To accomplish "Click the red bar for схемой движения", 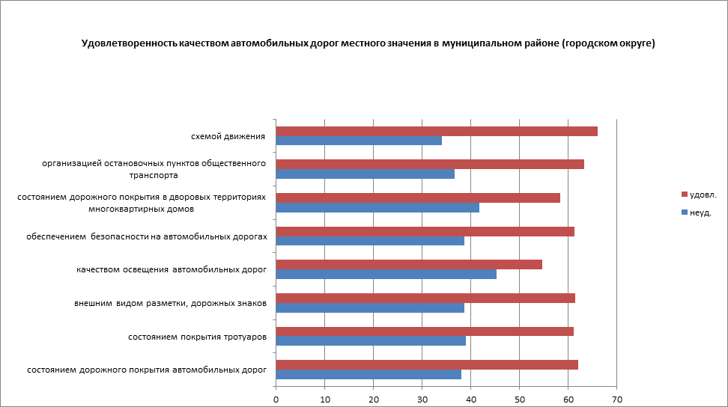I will pyautogui.click(x=437, y=132).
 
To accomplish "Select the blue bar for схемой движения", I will pyautogui.click(x=359, y=141).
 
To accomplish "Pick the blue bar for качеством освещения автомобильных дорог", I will pyautogui.click(x=386, y=274).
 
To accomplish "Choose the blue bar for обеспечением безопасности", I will pyautogui.click(x=370, y=241).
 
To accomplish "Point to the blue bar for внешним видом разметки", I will pyautogui.click(x=370, y=307).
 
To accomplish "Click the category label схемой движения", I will pyautogui.click(x=228, y=136).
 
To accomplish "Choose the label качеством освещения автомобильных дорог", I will pyautogui.click(x=172, y=270).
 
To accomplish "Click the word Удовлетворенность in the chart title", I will pyautogui.click(x=129, y=43).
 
